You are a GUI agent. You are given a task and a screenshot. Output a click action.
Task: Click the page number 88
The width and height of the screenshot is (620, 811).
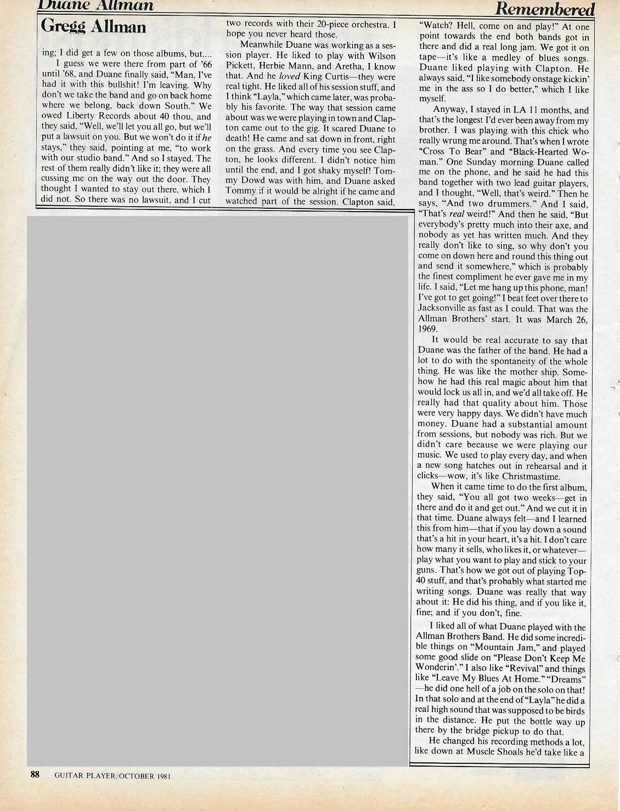click(35, 774)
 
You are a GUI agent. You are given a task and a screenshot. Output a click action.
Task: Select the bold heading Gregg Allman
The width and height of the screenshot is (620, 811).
click(93, 26)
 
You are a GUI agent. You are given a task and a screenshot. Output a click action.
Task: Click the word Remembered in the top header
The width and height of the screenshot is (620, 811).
click(544, 8)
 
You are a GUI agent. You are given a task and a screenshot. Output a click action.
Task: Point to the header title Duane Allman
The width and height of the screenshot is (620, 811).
click(96, 5)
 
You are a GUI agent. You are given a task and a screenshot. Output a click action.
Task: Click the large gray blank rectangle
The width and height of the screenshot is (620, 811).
click(217, 491)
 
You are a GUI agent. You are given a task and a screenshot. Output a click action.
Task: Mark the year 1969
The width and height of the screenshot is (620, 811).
click(427, 329)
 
